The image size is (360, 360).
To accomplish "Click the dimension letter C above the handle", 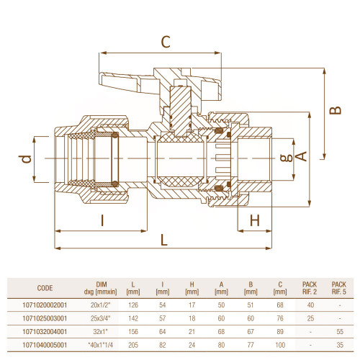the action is click(166, 42).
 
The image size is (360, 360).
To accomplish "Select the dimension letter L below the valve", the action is click(164, 240).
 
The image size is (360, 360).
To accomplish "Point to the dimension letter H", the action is click(255, 220).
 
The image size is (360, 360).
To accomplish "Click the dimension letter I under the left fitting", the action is click(102, 220).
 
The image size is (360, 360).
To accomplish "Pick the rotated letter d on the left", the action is click(25, 159).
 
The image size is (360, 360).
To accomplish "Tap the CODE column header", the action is click(45, 288).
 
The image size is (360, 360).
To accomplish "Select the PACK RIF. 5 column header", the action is click(339, 288).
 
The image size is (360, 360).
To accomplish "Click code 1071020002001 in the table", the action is click(45, 305).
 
